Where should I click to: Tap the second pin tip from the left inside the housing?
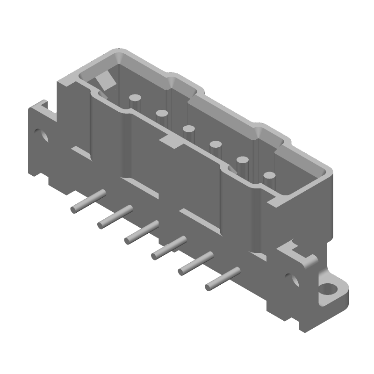coord(162,113)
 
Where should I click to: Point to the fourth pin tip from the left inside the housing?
coord(216,144)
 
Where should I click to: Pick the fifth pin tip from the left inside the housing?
coord(242,160)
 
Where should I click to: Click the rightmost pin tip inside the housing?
coord(269,176)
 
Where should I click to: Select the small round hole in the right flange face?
coord(294,280)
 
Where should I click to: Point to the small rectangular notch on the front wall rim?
coord(169,142)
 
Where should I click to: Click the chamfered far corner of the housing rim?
coord(116,56)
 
